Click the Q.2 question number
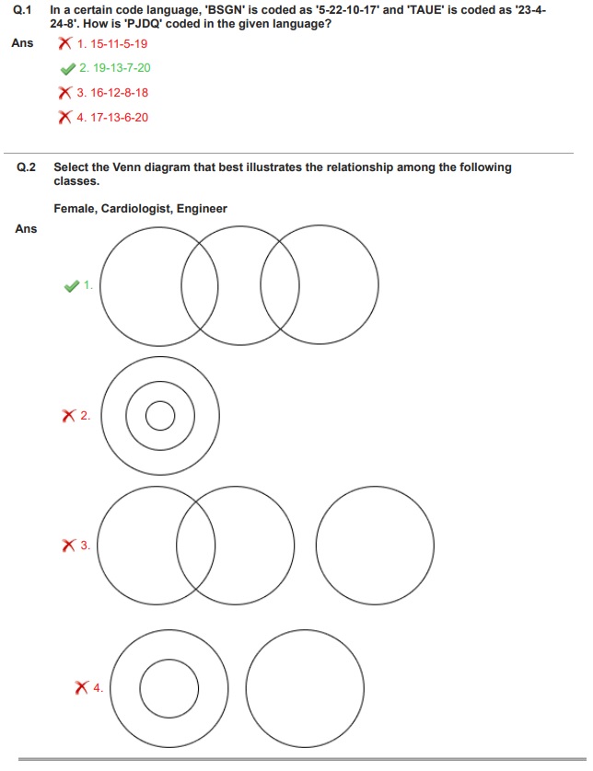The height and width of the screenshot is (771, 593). tap(26, 167)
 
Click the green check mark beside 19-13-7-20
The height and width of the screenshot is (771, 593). tap(66, 68)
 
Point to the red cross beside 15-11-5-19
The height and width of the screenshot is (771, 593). tap(64, 43)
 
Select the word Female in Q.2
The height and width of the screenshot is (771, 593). tap(73, 209)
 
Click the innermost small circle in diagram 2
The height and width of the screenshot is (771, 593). tap(159, 417)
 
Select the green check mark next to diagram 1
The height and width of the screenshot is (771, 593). tap(72, 286)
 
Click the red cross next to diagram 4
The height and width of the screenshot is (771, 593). tap(82, 687)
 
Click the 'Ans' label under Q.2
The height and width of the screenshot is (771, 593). tap(26, 229)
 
